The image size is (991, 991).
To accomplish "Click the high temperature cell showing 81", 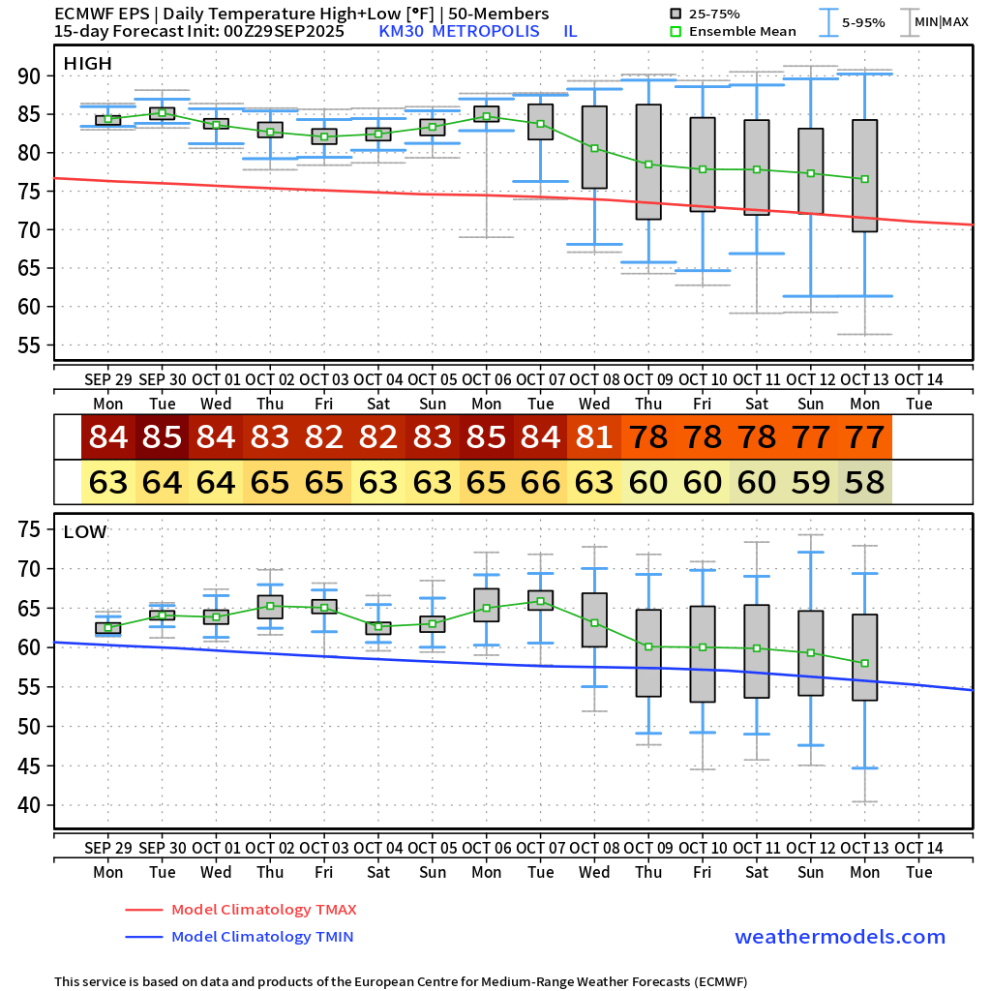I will click(x=595, y=437).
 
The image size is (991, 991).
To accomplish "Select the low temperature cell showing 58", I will click(x=865, y=482).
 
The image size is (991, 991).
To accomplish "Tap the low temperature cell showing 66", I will click(x=541, y=482).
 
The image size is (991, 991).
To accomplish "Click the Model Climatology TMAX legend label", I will click(x=263, y=910).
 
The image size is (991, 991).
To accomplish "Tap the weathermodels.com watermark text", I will click(x=839, y=937).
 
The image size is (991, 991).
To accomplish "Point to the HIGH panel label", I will click(x=87, y=64).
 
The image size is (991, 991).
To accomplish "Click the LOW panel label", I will click(x=85, y=532).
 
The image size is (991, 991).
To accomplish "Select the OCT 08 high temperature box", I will click(x=594, y=147).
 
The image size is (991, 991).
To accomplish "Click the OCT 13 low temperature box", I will click(x=865, y=657).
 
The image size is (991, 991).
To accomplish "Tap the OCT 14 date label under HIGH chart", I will click(x=919, y=379).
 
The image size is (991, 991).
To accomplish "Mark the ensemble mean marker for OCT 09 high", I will click(x=648, y=165).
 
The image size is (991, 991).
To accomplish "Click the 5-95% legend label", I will click(x=864, y=22).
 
